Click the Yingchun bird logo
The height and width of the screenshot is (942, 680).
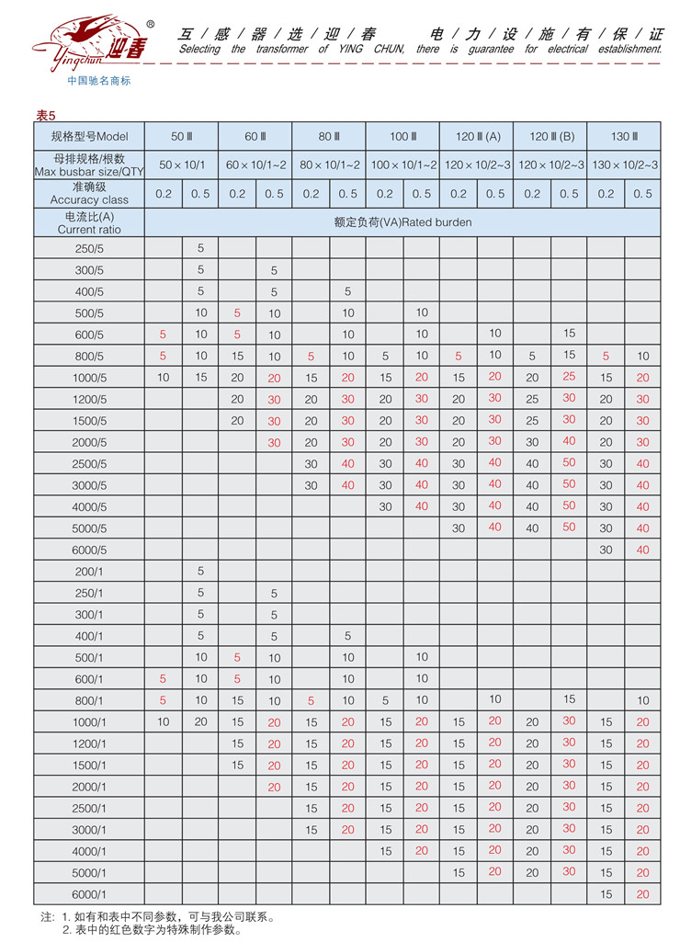coord(78,41)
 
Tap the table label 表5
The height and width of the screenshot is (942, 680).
coord(46,116)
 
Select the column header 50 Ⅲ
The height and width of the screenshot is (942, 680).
coord(182,137)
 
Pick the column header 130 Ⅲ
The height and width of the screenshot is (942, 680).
coord(624,137)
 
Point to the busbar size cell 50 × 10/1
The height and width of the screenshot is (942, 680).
coord(182,165)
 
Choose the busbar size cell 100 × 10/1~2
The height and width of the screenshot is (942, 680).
coord(402,165)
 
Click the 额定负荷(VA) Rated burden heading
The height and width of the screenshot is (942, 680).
coord(402,222)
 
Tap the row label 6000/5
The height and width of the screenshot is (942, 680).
coord(90,550)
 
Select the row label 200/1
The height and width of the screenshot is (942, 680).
coord(90,572)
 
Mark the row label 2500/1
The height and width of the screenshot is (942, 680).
coord(90,808)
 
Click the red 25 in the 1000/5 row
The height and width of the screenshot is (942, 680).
coord(569,377)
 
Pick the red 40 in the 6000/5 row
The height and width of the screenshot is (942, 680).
coord(642,550)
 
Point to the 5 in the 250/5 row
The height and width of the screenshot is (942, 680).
coord(200,248)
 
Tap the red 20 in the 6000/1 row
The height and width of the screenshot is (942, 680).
coord(642,894)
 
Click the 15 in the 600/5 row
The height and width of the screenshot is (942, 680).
coord(569,334)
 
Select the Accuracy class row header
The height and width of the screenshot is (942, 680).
coord(90,193)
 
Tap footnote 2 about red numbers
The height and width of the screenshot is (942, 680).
coord(152,930)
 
